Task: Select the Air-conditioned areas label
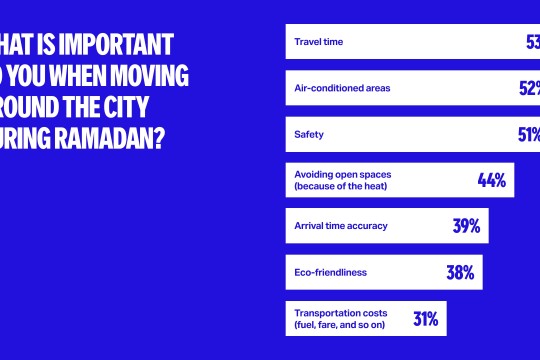341,88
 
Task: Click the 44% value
491,180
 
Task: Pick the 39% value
466,226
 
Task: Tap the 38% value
459,272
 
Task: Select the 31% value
425,319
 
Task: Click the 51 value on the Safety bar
528,134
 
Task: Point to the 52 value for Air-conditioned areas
528,88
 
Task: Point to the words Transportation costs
339,313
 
